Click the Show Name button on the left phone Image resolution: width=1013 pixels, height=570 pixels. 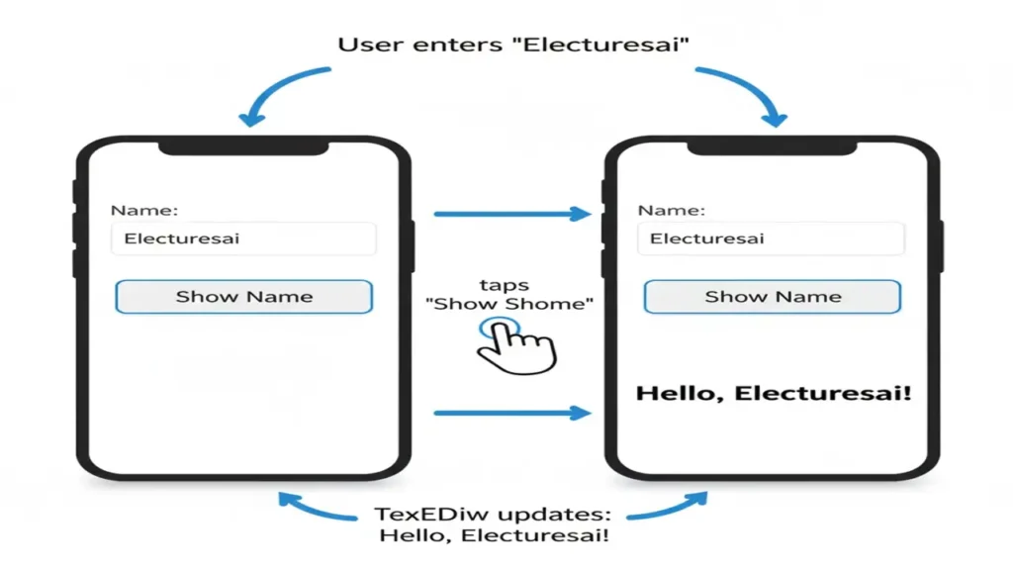(243, 297)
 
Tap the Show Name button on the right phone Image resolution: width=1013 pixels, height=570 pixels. (772, 297)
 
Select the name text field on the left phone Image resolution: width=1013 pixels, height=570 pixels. (243, 238)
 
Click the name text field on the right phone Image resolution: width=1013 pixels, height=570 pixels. (771, 238)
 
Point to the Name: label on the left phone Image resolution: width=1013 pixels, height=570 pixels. (143, 210)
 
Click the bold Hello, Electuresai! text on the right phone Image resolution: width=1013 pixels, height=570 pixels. (773, 393)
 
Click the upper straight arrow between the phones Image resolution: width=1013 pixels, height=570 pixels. (511, 213)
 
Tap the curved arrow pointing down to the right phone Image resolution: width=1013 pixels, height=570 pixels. (744, 94)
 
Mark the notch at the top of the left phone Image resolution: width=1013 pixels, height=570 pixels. (243, 147)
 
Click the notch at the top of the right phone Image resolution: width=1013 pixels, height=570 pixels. (772, 147)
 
